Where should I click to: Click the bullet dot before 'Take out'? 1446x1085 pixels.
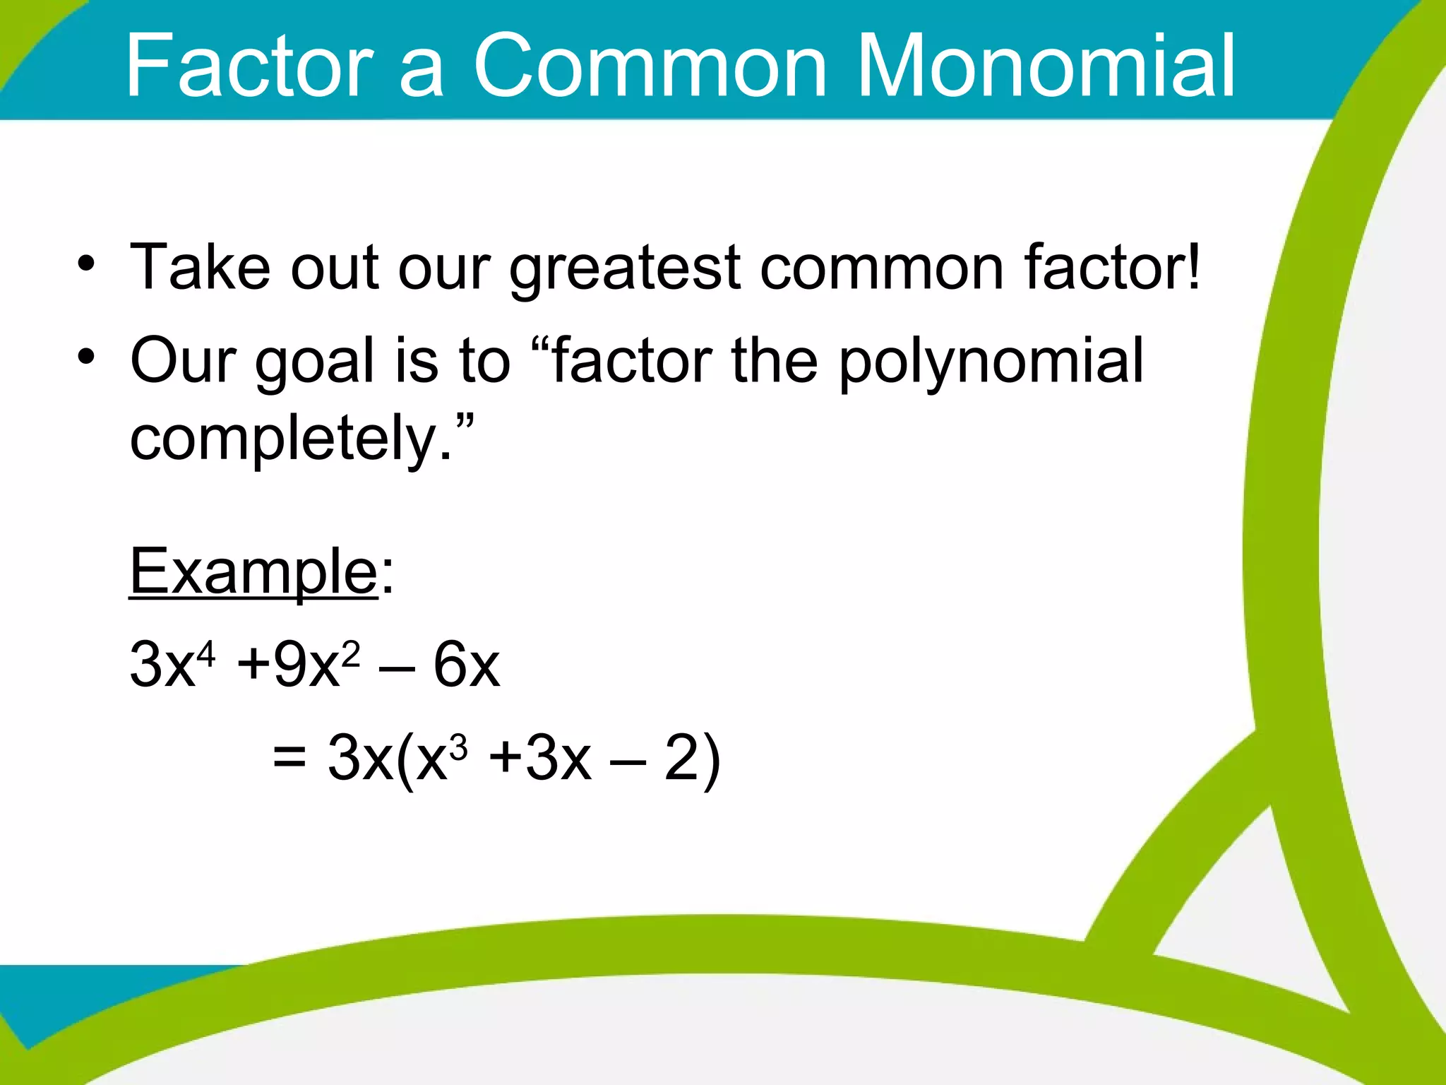pyautogui.click(x=86, y=264)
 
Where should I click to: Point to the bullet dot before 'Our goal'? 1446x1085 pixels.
pyautogui.click(x=86, y=357)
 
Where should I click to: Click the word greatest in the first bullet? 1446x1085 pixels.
pyautogui.click(x=625, y=268)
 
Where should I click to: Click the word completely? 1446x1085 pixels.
pyautogui.click(x=289, y=438)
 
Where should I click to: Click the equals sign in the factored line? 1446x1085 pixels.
pyautogui.click(x=289, y=757)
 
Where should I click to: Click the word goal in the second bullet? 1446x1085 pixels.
pyautogui.click(x=315, y=362)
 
